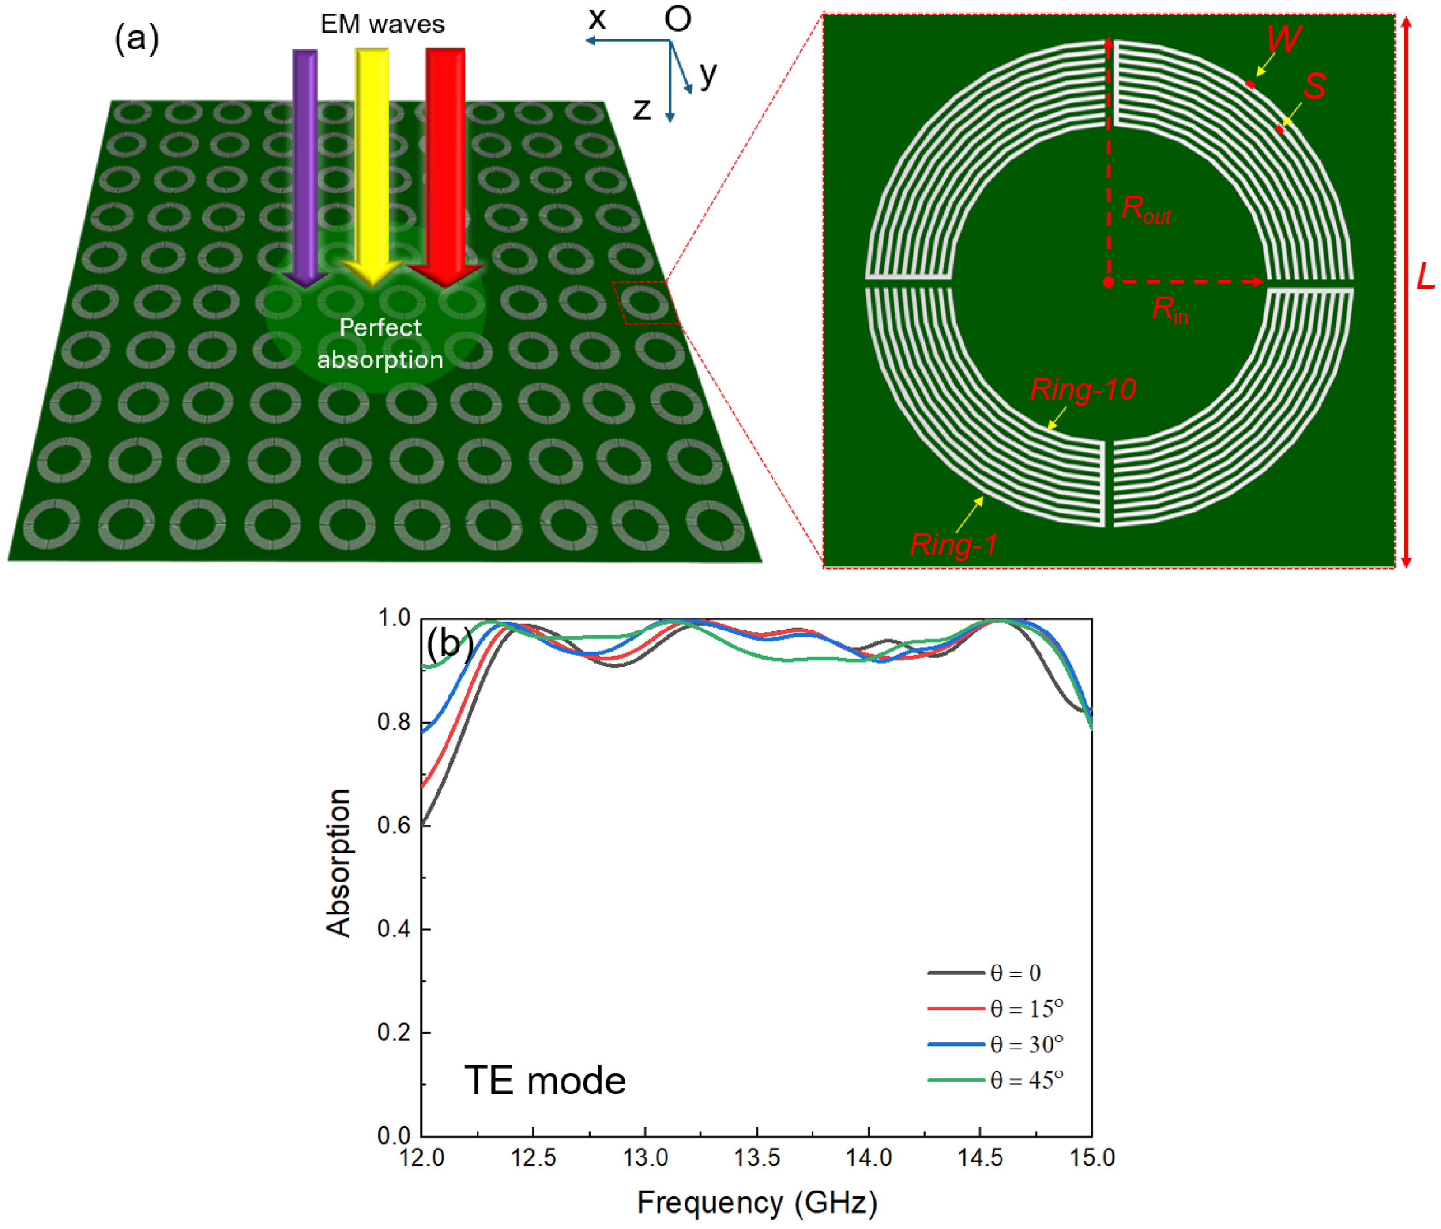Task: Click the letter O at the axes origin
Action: pos(678,19)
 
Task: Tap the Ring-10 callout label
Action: pos(1083,389)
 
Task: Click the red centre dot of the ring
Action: pos(1109,283)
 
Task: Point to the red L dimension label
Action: pos(1426,277)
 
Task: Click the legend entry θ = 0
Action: pos(1016,973)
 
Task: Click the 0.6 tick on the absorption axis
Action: pos(394,826)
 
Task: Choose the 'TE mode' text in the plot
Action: pos(545,1080)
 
